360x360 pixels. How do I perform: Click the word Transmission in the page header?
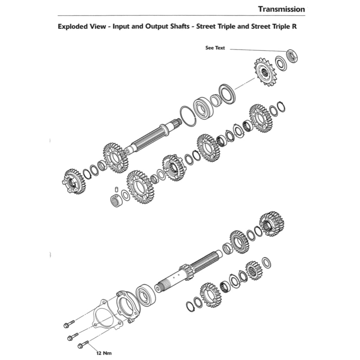tap(282, 9)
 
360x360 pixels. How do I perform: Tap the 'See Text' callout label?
tap(215, 48)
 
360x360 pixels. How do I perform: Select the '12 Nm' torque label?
tap(104, 353)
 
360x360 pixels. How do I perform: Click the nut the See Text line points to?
tap(292, 56)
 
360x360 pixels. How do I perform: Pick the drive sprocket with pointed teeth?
tap(265, 72)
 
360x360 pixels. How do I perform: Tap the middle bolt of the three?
tap(73, 336)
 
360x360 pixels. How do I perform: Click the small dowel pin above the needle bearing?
tap(116, 189)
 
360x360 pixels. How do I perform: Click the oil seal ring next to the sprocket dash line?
tap(227, 94)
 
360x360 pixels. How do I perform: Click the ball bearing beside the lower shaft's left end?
tap(146, 298)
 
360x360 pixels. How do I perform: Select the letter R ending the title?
tap(294, 27)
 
